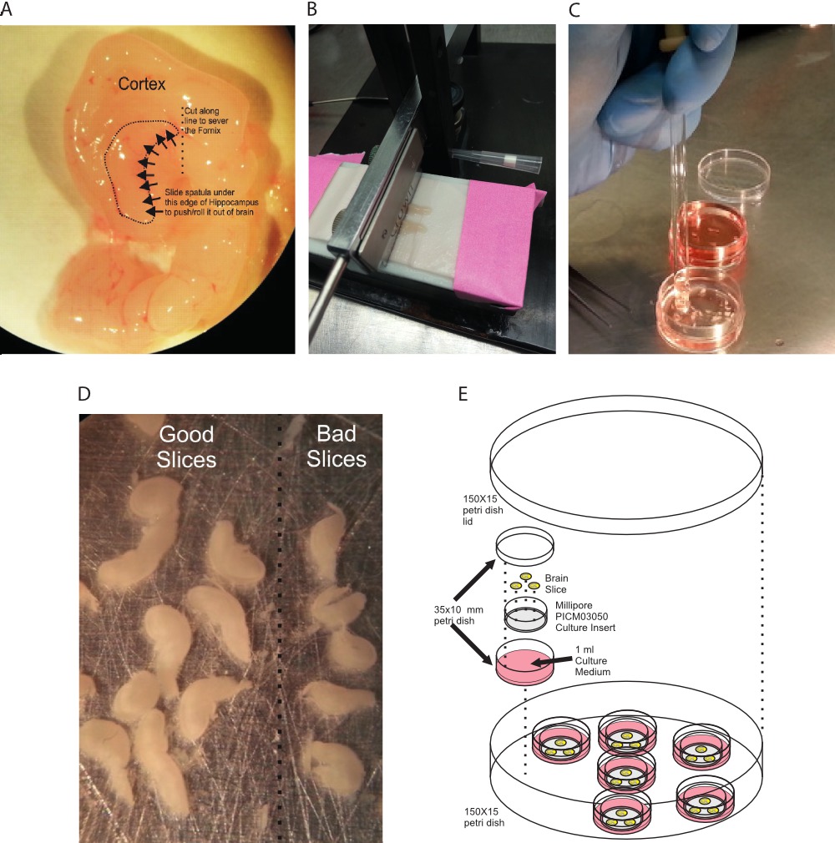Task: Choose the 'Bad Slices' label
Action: coord(337,447)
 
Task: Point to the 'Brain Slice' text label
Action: coord(556,583)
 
